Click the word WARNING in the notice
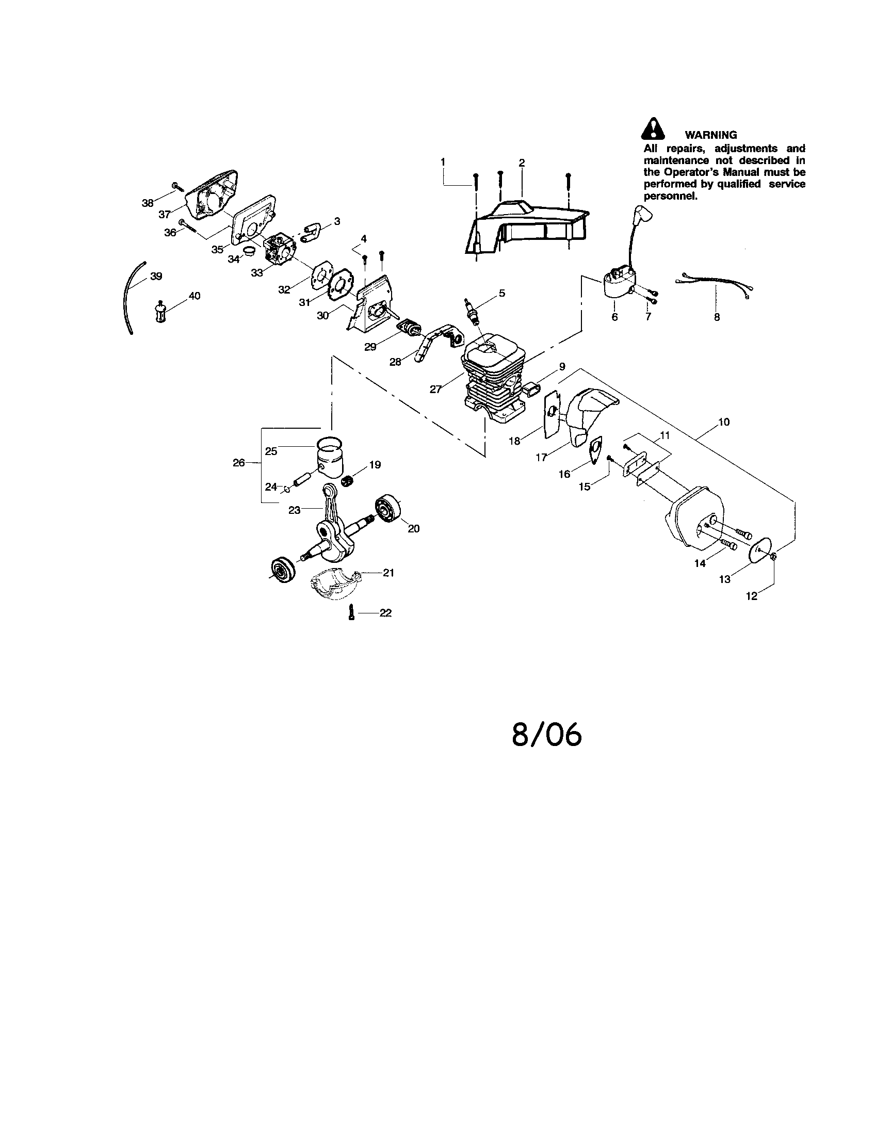tap(710, 135)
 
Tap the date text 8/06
tap(546, 734)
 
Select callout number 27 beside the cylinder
tap(435, 388)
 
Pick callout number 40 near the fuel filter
tap(195, 296)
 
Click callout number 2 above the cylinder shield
tap(522, 163)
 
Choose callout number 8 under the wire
tap(717, 316)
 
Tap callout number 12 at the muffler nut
tap(751, 596)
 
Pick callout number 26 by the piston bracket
tap(238, 462)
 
